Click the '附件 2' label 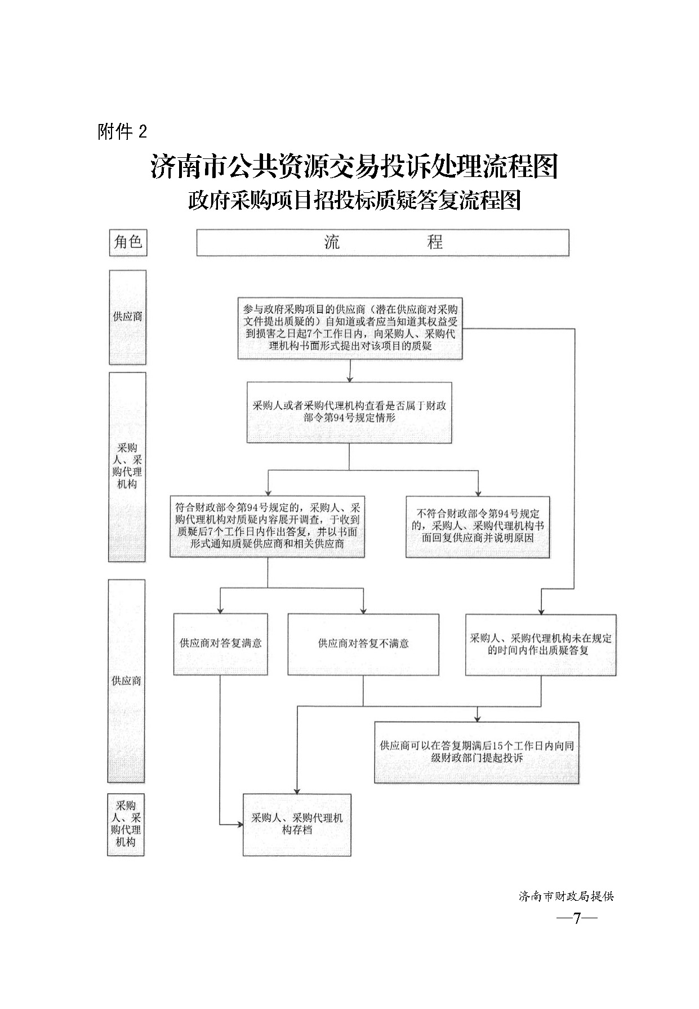122,132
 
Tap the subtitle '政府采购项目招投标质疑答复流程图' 354,200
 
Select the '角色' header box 128,242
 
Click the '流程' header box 382,242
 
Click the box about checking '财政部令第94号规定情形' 349,412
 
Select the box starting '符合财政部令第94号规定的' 267,526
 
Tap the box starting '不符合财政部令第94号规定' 478,526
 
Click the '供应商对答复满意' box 220,644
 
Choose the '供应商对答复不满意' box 363,644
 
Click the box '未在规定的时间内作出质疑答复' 541,644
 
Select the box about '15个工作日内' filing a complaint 477,752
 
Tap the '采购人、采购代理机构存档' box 297,824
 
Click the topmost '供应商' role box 127,317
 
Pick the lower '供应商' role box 126,681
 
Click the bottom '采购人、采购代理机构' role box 126,824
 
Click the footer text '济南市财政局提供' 566,896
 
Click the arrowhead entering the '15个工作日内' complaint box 478,718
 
